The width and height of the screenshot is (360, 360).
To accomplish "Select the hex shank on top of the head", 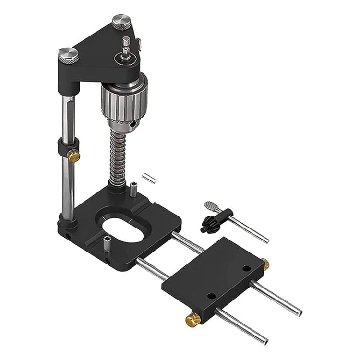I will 126,46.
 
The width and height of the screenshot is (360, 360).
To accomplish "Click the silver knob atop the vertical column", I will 69,54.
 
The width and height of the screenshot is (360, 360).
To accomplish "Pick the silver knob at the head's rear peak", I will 122,22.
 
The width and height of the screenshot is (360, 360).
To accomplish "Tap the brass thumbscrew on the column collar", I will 73,155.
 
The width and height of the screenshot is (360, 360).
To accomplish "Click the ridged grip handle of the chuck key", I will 211,206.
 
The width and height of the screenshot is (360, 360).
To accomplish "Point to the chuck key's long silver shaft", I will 249,229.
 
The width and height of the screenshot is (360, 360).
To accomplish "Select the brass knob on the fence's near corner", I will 193,319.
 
